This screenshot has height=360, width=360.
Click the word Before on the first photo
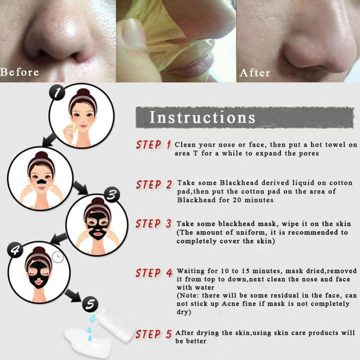coord(19,72)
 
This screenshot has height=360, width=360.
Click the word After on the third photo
coord(255,73)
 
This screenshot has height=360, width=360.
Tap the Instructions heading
coord(202,117)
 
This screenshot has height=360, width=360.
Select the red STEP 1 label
coord(153,145)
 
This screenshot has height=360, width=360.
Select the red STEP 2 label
coord(154,185)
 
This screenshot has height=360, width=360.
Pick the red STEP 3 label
coord(153,224)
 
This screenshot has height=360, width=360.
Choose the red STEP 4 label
coord(154,273)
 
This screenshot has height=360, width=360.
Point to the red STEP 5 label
coord(154,334)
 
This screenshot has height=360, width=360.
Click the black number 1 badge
coord(57,92)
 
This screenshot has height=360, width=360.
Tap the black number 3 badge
coord(112,195)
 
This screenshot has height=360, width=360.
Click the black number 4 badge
coord(15,250)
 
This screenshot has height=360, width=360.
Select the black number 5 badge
coord(90,304)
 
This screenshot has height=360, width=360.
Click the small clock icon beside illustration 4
coord(58,257)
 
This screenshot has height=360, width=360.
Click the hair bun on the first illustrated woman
coord(84,92)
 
